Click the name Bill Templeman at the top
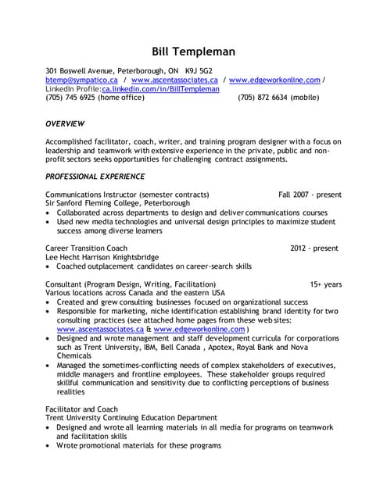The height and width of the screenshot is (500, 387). [193, 52]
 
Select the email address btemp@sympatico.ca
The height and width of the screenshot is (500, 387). [82, 80]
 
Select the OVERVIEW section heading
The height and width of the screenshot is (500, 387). [65, 123]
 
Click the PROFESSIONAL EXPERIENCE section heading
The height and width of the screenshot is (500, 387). [95, 176]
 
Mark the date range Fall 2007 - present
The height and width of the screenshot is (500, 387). [310, 194]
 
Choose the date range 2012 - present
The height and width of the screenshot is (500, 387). [314, 248]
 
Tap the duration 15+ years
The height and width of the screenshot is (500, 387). [325, 284]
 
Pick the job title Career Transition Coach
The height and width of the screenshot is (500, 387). [86, 248]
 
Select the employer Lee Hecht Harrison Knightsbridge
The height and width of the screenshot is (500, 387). [102, 256]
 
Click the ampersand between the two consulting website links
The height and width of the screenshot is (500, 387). [149, 329]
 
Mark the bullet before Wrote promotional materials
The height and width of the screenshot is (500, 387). [49, 445]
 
